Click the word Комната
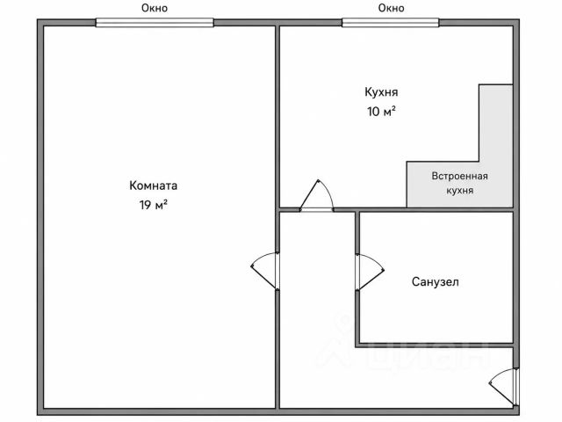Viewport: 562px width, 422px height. pos(153,186)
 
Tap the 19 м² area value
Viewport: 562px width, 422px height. pos(154,205)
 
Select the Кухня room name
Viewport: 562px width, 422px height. pos(381,92)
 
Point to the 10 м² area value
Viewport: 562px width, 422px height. pos(381,112)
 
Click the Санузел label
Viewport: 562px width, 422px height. pos(436,281)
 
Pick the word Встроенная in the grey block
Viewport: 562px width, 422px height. pos(459,176)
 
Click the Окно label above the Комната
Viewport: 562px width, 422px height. pos(155,8)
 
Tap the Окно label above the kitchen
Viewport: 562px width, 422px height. pos(391,8)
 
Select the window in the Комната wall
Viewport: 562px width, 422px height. pos(155,23)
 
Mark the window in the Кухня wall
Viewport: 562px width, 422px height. pos(390,23)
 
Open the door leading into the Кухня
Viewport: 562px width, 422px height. pos(317,196)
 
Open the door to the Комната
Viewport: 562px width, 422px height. pos(265,271)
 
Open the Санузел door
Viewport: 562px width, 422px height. pos(370,272)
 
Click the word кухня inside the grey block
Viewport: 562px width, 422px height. pos(460,190)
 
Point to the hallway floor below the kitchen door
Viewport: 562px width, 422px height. pos(317,309)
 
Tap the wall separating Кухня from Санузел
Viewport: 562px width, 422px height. pos(436,209)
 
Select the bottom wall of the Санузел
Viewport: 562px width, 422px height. pos(435,345)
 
